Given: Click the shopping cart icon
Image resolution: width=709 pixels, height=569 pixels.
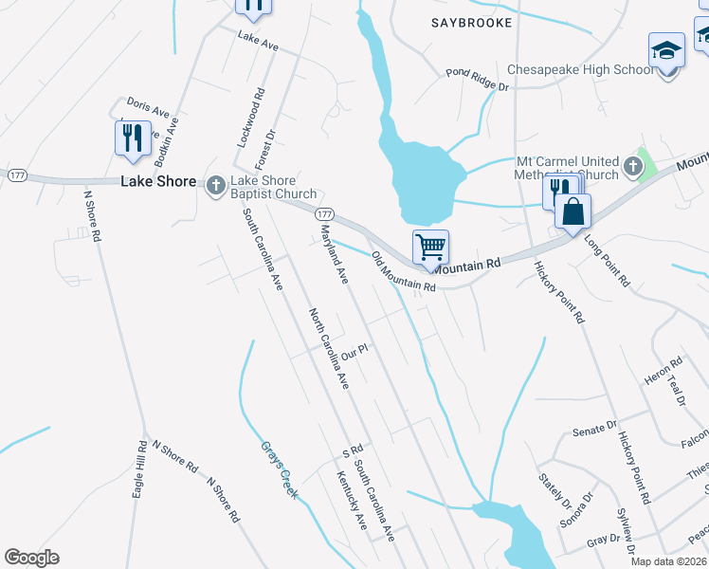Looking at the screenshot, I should tap(430, 248).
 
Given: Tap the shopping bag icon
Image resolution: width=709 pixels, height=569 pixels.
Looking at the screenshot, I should tap(573, 211).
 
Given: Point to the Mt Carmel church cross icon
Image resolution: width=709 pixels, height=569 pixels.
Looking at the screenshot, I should tap(631, 170).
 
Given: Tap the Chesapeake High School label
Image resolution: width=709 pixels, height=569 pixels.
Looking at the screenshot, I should tap(579, 70).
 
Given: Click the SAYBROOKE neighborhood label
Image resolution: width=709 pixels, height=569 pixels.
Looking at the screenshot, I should tap(471, 22).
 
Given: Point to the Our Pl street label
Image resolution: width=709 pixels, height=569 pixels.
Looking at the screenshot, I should tap(354, 353).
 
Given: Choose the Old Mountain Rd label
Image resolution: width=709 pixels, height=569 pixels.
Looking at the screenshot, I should tap(403, 272).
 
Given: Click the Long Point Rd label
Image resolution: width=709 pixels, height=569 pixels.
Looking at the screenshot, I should tap(607, 261).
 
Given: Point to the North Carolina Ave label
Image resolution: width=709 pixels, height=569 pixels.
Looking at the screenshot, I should tap(328, 348).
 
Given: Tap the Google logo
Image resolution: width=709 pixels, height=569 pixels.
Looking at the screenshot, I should tap(31, 558).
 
